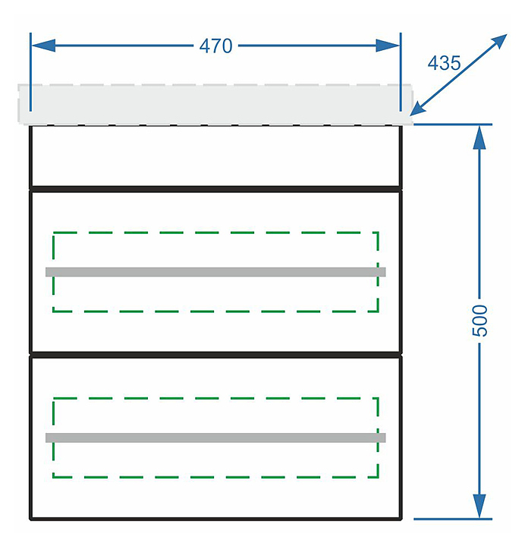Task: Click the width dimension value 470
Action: coord(215,46)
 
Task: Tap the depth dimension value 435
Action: coord(444,63)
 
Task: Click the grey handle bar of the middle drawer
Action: coord(215,271)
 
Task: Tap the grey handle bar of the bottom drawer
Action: coord(215,438)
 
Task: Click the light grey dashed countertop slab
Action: coord(215,104)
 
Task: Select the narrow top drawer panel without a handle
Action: coord(215,157)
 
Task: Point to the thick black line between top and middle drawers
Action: coord(215,188)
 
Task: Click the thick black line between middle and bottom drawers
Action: coord(215,354)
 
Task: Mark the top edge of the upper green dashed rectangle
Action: coord(215,232)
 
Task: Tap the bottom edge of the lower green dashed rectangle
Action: coord(215,477)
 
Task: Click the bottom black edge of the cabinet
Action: coord(215,519)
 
